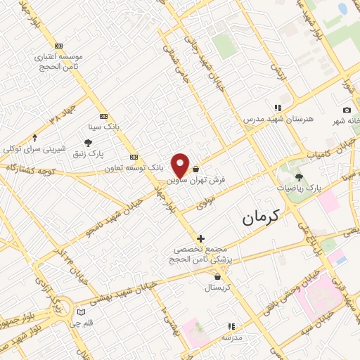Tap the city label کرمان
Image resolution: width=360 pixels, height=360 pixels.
pos(261,217)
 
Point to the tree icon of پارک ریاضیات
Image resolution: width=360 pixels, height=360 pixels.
pos(299,177)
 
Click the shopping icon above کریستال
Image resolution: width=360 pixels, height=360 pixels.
pos(217,276)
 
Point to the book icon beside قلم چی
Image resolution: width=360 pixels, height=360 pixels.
pos(81,311)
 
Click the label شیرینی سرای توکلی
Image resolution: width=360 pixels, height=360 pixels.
pos(35,150)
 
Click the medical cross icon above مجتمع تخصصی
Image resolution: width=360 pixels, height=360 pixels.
pos(201,239)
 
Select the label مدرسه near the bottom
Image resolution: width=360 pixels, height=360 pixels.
pos(232,337)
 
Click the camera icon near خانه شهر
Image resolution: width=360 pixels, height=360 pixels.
pos(347,110)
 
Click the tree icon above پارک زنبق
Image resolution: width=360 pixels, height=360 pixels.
pos(88,142)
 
